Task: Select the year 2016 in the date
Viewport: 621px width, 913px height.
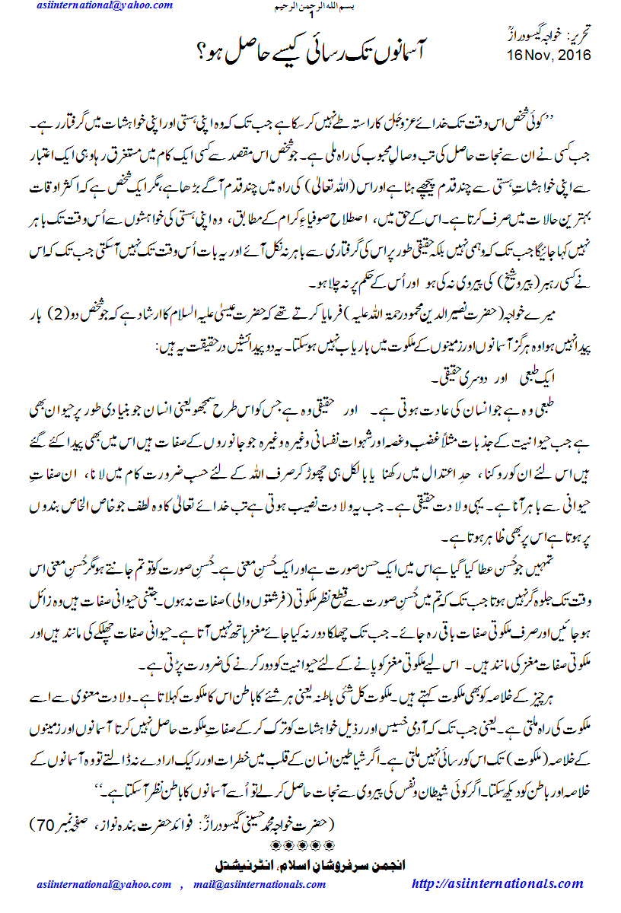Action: coord(571,56)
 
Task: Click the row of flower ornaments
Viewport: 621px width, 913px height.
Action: coord(310,845)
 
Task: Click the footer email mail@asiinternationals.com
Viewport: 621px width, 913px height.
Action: coord(260,884)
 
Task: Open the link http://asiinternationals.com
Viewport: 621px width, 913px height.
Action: coord(497,883)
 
